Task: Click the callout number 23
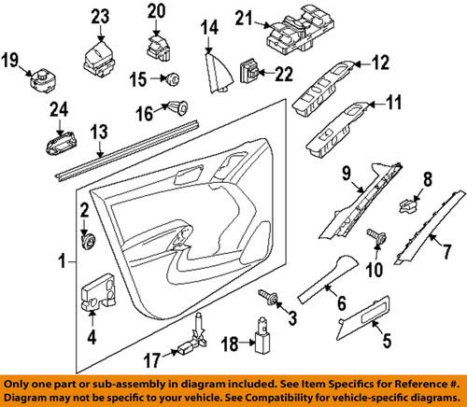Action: pos(99,15)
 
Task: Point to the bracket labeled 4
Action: pos(97,293)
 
